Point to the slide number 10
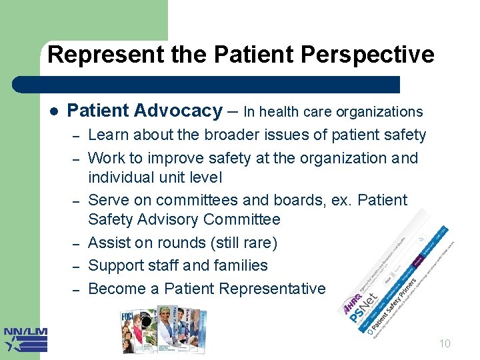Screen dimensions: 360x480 pyautogui.click(x=445, y=343)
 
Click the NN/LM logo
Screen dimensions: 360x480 pyautogui.click(x=25, y=339)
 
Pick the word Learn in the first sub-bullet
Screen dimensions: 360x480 pyautogui.click(x=109, y=135)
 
